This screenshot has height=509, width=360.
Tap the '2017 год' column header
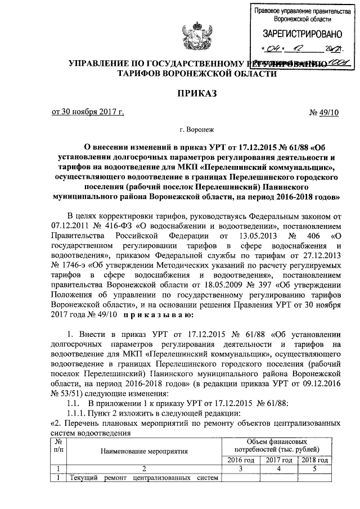click(277, 460)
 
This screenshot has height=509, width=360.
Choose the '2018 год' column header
click(314, 460)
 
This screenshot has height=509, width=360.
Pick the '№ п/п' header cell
click(58, 447)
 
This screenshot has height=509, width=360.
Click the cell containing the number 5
click(314, 469)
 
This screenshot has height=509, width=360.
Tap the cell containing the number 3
click(240, 469)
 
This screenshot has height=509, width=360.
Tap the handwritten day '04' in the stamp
click(275, 48)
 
